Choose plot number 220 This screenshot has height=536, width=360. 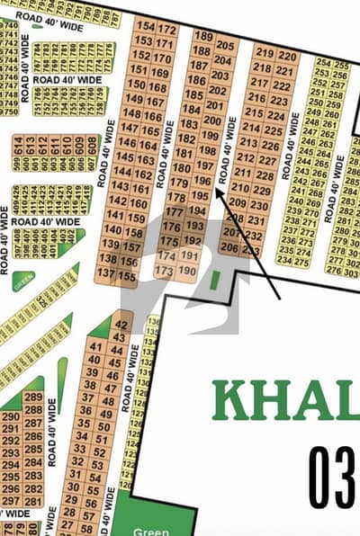pyautogui.click(x=287, y=56)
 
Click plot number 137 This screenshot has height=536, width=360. pyautogui.click(x=106, y=272)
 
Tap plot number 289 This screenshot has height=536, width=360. pyautogui.click(x=33, y=397)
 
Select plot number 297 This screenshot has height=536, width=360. pyautogui.click(x=11, y=501)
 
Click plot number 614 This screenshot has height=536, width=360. pyautogui.click(x=19, y=141)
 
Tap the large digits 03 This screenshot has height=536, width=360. pyautogui.click(x=333, y=474)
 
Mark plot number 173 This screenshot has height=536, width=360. pyautogui.click(x=164, y=270)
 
